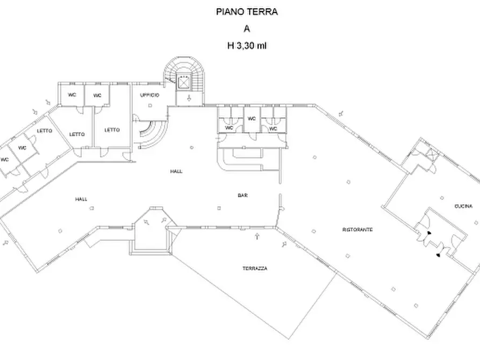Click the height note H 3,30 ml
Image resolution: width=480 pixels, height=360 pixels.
tap(247, 46)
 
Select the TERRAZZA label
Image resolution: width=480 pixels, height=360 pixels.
tap(254, 268)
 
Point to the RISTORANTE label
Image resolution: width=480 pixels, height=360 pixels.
tap(357, 230)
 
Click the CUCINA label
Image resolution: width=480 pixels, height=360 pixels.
tap(463, 205)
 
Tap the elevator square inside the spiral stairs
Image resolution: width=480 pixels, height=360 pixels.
tap(185, 83)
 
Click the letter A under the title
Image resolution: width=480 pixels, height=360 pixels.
tap(247, 29)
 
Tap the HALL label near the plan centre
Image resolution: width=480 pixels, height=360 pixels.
tap(176, 171)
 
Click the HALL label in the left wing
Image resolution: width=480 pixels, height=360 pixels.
tap(81, 199)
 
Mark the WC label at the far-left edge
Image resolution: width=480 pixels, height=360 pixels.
tap(5, 160)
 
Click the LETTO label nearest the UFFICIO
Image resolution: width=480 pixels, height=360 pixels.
tap(112, 129)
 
